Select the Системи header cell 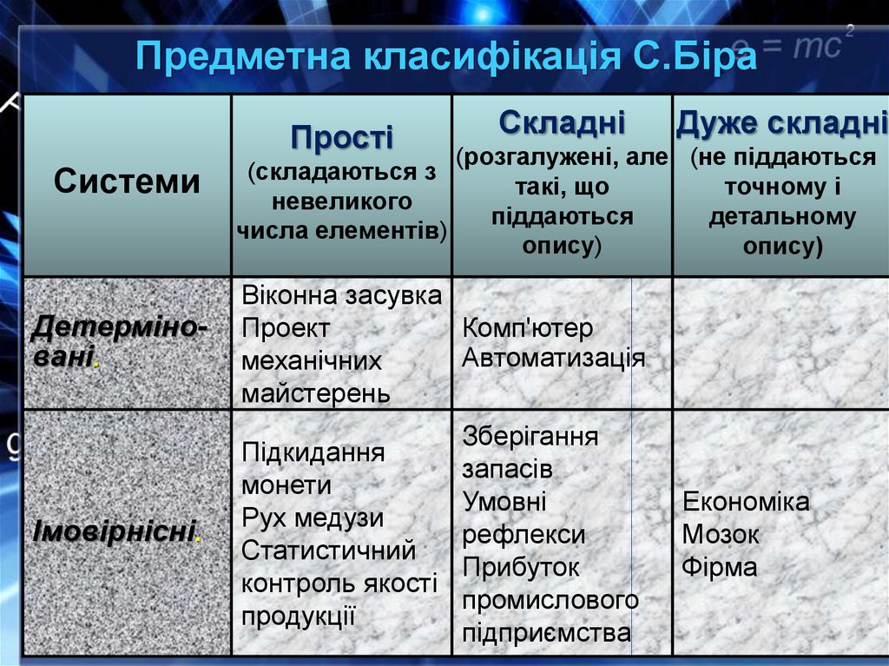[127, 182]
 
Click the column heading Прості [341, 136]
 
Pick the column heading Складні [562, 121]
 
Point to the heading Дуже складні [781, 124]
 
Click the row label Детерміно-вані [120, 341]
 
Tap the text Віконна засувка [341, 295]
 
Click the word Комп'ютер [528, 328]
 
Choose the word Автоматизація [553, 359]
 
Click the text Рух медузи [313, 518]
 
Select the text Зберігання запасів [530, 452]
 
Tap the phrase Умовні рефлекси [524, 518]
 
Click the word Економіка [746, 502]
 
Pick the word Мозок [721, 535]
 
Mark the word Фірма [720, 568]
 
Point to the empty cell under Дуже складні [780, 343]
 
